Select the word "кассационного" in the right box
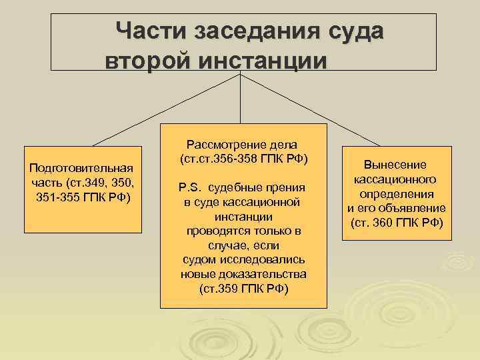coord(395,179)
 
